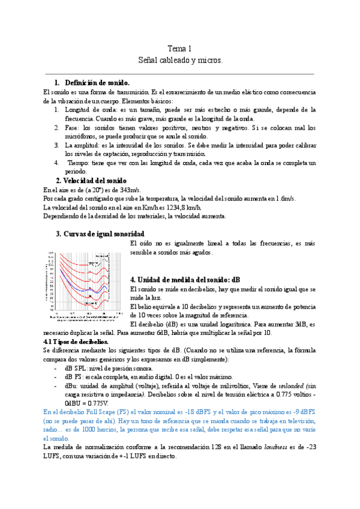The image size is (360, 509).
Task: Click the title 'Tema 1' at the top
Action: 179,49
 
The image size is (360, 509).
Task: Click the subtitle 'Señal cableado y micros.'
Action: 179,61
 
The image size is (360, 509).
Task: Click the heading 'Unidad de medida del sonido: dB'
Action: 185,280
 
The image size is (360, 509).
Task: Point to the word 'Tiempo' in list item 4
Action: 79,163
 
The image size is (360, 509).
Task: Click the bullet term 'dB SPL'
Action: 77,368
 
